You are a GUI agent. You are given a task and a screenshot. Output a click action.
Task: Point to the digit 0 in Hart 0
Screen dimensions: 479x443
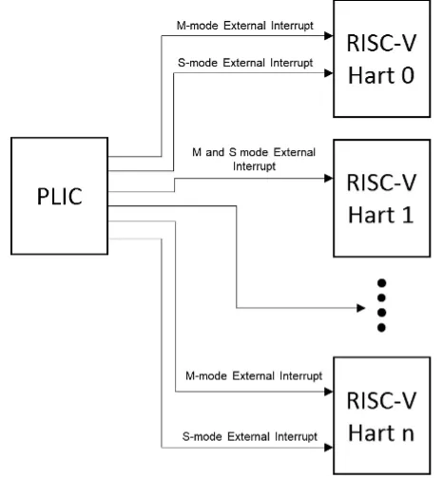410,75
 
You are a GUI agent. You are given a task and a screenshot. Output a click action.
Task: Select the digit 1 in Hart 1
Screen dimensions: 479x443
407,215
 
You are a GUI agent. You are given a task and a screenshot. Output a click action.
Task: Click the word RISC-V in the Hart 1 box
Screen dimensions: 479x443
380,183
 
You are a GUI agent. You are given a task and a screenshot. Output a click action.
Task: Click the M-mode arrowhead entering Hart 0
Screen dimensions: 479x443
325,38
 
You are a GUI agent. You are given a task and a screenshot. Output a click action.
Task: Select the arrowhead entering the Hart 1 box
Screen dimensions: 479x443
325,178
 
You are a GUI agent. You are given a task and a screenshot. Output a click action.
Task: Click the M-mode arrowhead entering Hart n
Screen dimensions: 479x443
325,391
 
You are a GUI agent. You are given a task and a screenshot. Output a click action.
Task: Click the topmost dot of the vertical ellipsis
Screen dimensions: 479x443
382,283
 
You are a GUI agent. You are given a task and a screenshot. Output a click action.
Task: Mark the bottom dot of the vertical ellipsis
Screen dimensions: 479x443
382,329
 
